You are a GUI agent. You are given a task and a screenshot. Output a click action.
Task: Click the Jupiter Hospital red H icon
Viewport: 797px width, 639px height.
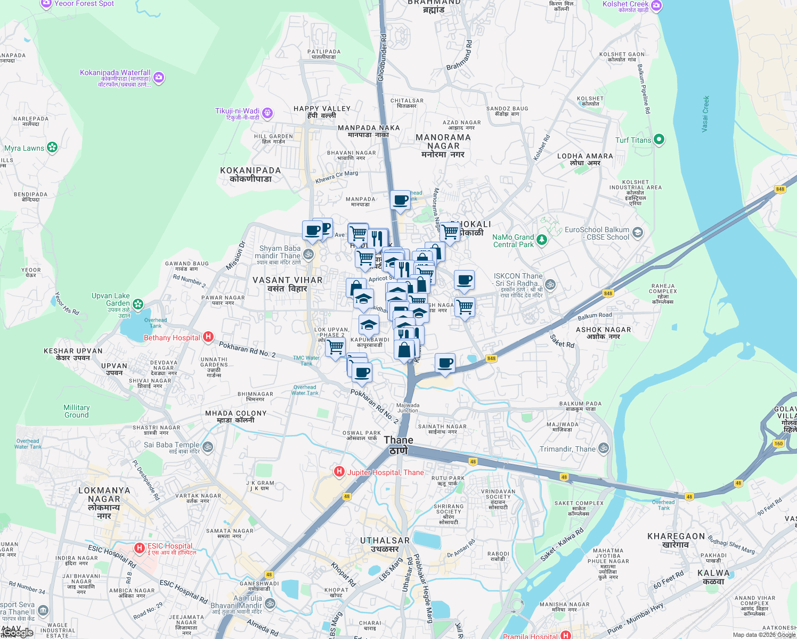pyautogui.click(x=339, y=472)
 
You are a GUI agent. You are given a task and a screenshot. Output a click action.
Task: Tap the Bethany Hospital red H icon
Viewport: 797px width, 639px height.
pyautogui.click(x=208, y=337)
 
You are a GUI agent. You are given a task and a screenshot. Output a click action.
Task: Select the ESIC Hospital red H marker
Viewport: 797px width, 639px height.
pyautogui.click(x=140, y=548)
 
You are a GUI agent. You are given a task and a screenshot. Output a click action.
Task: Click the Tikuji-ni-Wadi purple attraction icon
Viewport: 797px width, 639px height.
pyautogui.click(x=267, y=113)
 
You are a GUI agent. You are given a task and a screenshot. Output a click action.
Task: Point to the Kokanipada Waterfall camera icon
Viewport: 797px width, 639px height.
pyautogui.click(x=158, y=78)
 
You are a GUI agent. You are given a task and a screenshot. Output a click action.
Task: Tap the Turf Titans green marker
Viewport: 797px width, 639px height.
pyautogui.click(x=659, y=140)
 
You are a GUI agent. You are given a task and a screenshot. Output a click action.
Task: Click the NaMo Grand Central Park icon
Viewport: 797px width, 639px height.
pyautogui.click(x=542, y=240)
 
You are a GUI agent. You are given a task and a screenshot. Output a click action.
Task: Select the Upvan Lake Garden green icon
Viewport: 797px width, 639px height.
pyautogui.click(x=139, y=304)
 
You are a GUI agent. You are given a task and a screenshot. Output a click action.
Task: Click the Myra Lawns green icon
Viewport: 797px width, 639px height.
pyautogui.click(x=52, y=148)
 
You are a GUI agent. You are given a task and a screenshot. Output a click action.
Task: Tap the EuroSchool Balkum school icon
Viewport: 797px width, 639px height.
pyautogui.click(x=638, y=233)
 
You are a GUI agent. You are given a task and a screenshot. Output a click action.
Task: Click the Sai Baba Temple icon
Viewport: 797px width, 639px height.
pyautogui.click(x=208, y=447)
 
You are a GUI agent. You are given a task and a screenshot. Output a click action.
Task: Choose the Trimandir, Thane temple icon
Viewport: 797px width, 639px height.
pyautogui.click(x=604, y=448)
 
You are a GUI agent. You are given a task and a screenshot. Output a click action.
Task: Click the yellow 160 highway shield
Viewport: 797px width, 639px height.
pyautogui.click(x=779, y=444)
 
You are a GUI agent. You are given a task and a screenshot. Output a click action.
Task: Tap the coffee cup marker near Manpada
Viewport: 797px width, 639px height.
pyautogui.click(x=400, y=200)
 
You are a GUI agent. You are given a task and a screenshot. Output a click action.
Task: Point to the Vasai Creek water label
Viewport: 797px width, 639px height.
pyautogui.click(x=705, y=114)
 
